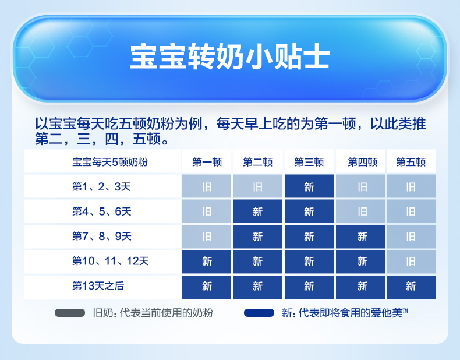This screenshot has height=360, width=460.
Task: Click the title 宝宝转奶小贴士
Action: [x=231, y=57]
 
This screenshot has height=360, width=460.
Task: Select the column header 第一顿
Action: [x=207, y=162]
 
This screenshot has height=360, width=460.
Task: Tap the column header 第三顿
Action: [x=309, y=162]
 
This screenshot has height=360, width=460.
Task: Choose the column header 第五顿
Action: [x=411, y=162]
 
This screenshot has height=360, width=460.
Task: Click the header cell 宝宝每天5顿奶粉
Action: [x=110, y=162]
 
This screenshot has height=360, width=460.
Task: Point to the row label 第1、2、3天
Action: [x=101, y=186]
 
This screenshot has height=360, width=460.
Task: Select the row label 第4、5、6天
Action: [x=101, y=211]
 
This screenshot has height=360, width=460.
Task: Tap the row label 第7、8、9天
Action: [x=101, y=236]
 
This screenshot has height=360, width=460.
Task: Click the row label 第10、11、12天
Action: [x=111, y=261]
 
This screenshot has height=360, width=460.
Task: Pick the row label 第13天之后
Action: [x=98, y=286]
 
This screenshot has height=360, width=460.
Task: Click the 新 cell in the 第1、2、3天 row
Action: [x=309, y=186]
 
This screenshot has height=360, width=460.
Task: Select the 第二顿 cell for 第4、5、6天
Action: [x=258, y=211]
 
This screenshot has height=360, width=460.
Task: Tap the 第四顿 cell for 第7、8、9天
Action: [x=360, y=237]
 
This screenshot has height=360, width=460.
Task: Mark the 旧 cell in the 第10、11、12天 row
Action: [x=412, y=262]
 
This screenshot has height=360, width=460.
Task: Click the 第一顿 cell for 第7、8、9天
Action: [x=207, y=237]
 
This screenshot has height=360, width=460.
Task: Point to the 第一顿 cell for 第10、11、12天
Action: [x=207, y=262]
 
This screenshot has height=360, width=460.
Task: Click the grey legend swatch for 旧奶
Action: [x=70, y=313]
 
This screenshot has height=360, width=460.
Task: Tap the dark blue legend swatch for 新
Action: [x=259, y=313]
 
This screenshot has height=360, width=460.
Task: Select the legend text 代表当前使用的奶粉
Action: [x=167, y=313]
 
